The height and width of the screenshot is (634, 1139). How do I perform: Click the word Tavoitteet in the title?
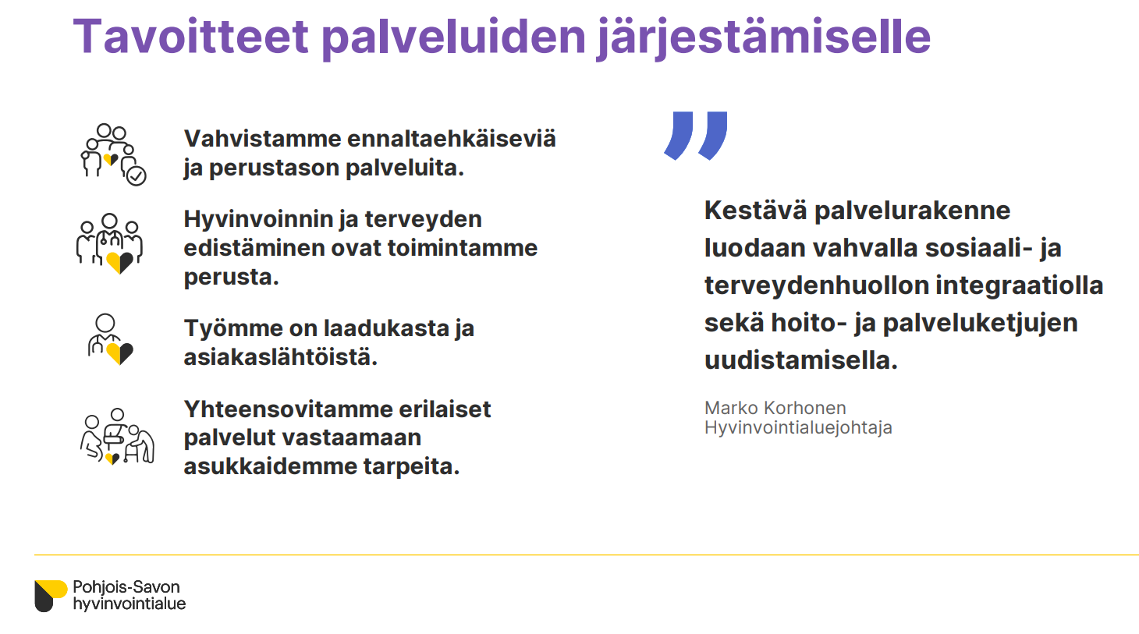190,37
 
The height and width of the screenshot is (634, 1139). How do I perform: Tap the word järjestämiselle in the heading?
764,38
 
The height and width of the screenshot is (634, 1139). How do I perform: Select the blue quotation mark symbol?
696,136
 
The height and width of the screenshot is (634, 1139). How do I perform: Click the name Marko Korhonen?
775,408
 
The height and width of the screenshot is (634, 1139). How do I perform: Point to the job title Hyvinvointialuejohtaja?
798,427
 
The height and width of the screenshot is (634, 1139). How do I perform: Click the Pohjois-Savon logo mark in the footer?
51,596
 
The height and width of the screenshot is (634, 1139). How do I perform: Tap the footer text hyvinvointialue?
130,604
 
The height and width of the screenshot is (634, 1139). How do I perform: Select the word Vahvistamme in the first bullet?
262,139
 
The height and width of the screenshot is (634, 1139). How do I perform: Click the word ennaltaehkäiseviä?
452,139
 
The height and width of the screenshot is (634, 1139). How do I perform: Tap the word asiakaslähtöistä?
280,357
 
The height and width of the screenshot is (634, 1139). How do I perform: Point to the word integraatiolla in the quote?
1019,285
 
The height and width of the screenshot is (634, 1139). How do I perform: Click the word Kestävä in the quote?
755,211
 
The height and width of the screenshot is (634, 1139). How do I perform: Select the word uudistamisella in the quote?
801,360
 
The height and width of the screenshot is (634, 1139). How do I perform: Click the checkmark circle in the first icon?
137,176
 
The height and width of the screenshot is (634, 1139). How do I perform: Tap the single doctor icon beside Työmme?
110,339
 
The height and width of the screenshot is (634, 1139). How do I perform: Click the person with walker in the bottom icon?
141,444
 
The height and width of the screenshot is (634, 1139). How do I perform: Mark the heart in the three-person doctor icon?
119,262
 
